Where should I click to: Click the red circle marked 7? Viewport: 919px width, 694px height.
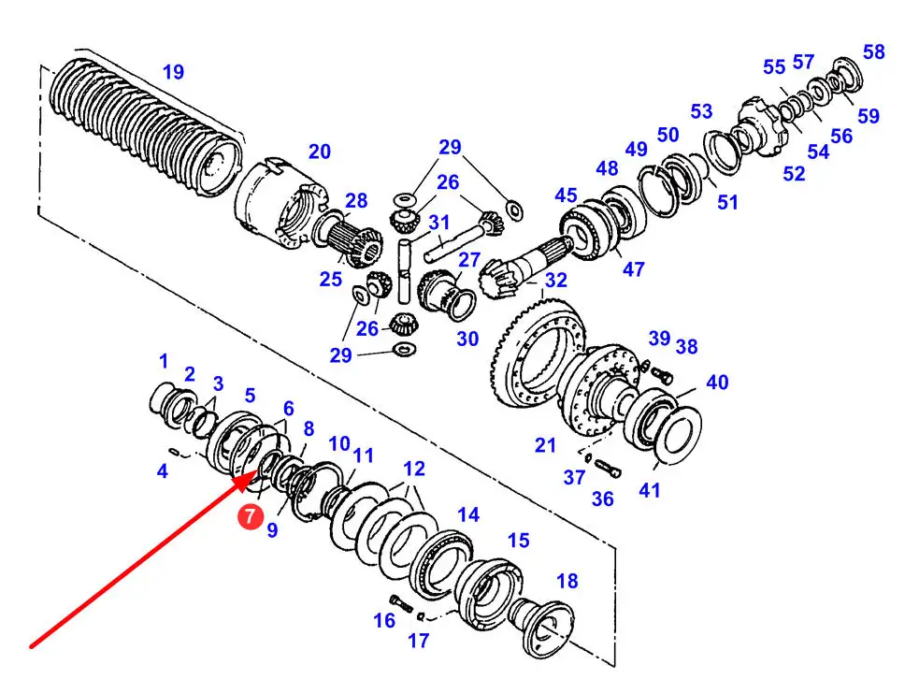coord(251,516)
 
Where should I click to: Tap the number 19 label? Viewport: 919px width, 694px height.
coord(174,72)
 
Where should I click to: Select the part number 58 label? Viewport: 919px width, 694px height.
coord(873,51)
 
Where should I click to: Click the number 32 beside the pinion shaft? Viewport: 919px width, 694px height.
coord(555,281)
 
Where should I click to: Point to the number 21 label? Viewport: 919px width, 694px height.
coord(545,445)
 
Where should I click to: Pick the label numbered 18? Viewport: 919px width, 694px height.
coord(567,581)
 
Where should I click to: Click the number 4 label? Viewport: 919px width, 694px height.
coord(163,470)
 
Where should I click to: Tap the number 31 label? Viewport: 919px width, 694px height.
coord(439,223)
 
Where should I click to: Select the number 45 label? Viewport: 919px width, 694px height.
coord(567,195)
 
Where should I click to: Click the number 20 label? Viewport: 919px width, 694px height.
coord(320,152)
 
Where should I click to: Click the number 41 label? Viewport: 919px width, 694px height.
coord(650,490)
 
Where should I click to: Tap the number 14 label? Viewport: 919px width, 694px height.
coord(468,514)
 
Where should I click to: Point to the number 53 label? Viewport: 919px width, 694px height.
coord(701,110)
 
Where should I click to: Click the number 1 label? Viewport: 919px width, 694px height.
coord(164,361)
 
